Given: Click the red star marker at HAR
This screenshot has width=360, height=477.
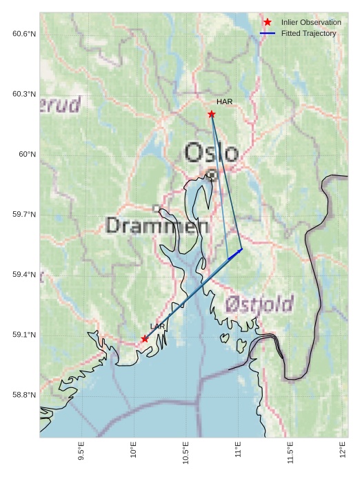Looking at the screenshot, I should [212, 114].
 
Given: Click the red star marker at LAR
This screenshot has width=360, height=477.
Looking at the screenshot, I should [145, 338].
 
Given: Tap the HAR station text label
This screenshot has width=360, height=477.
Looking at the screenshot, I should [224, 102].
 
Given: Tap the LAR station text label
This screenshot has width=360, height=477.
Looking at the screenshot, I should [157, 326].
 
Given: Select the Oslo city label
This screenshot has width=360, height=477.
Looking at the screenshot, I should [212, 153].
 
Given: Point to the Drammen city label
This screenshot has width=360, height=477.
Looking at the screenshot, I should [158, 226].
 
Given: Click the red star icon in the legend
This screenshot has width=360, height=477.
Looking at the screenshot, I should [268, 22].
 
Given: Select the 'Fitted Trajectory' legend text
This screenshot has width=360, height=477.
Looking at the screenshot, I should [309, 33].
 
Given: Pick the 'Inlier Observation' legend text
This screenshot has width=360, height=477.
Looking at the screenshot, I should [311, 22].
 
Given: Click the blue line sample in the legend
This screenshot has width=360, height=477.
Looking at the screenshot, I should [268, 33].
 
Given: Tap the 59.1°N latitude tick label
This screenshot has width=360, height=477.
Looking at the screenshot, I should [23, 335].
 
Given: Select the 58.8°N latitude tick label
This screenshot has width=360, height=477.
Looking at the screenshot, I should [23, 395].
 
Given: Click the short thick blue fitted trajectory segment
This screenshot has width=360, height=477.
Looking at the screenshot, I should [235, 254].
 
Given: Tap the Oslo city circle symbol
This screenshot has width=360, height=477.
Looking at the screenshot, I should [212, 175].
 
